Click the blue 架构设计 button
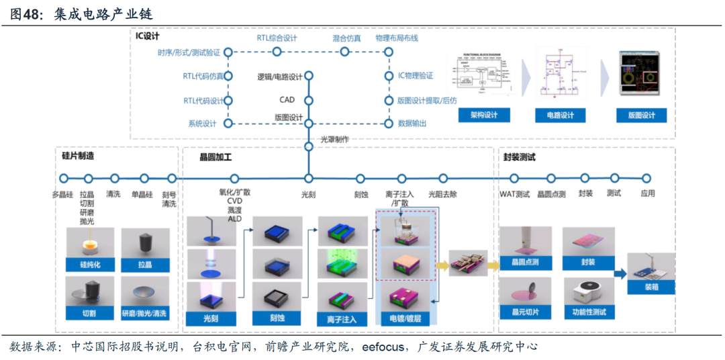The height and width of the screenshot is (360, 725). pos(484,116)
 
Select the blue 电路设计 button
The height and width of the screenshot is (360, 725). pos(560,116)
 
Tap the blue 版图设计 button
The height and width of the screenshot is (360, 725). pos(641,116)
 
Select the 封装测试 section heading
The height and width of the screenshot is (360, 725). pos(520,158)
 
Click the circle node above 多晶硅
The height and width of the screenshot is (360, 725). pos(64,179)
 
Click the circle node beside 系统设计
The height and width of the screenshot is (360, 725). pos(228,124)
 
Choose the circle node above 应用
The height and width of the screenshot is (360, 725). pos(646,179)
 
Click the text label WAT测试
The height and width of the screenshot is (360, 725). pos(515,194)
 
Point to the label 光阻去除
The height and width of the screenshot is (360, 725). pos(442,194)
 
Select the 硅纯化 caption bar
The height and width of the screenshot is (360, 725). pos(89,265)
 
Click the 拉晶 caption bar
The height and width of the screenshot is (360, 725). pos(145,265)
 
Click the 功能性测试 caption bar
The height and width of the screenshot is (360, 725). pos(589,312)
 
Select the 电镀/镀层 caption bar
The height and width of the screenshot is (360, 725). pos(401,317)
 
